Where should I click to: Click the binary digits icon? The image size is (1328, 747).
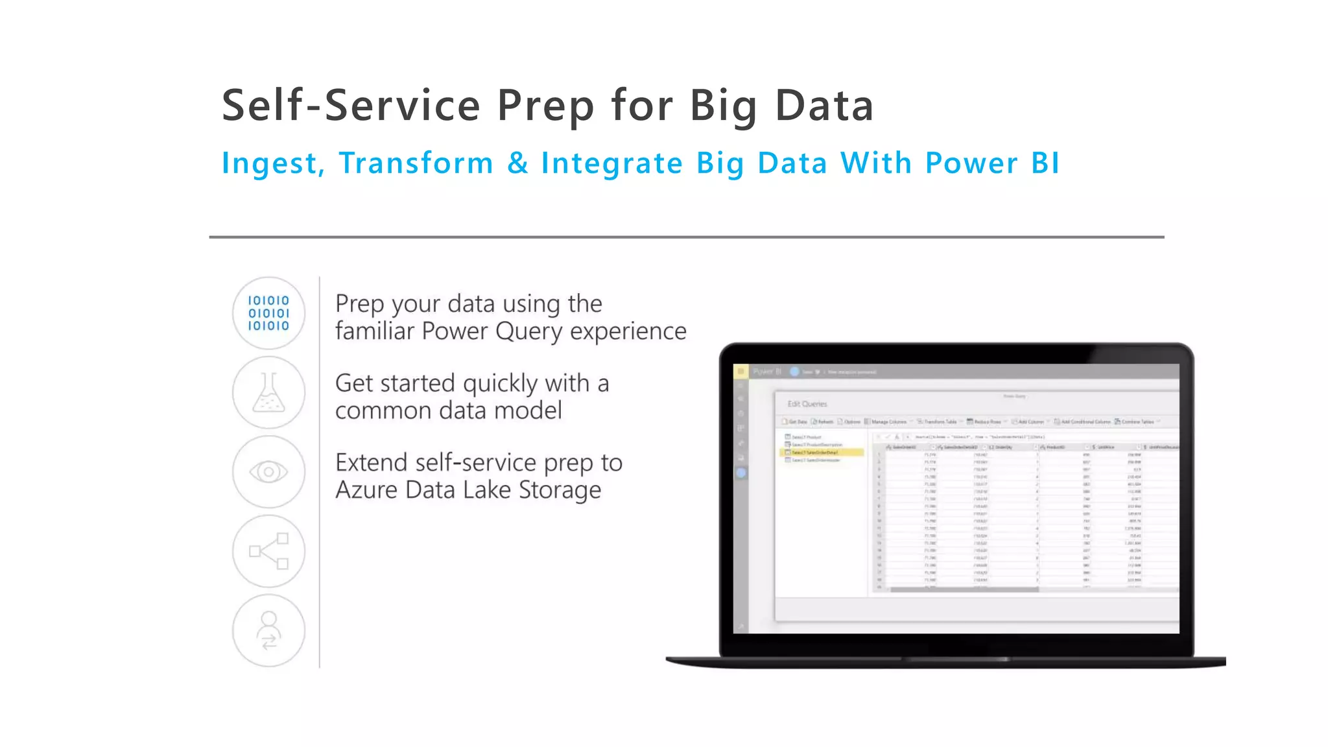click(268, 313)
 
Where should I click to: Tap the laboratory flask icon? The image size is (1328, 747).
click(268, 392)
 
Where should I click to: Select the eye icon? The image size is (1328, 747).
click(268, 471)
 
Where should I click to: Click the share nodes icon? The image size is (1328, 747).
click(268, 551)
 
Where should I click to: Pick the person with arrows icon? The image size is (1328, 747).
click(268, 630)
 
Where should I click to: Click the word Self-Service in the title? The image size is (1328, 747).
click(350, 106)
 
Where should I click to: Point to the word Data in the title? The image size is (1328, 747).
click(824, 106)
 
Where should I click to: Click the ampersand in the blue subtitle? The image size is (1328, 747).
click(517, 163)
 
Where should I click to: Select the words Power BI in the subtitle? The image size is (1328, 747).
click(992, 163)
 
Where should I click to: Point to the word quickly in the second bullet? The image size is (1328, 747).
click(500, 384)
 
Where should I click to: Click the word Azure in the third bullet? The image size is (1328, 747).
click(366, 490)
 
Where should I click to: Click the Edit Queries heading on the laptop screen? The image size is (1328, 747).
click(807, 404)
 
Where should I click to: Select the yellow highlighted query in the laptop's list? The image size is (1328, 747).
click(822, 453)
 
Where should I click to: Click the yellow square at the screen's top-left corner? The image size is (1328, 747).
click(740, 372)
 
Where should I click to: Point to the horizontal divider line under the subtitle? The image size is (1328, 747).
click(686, 237)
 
